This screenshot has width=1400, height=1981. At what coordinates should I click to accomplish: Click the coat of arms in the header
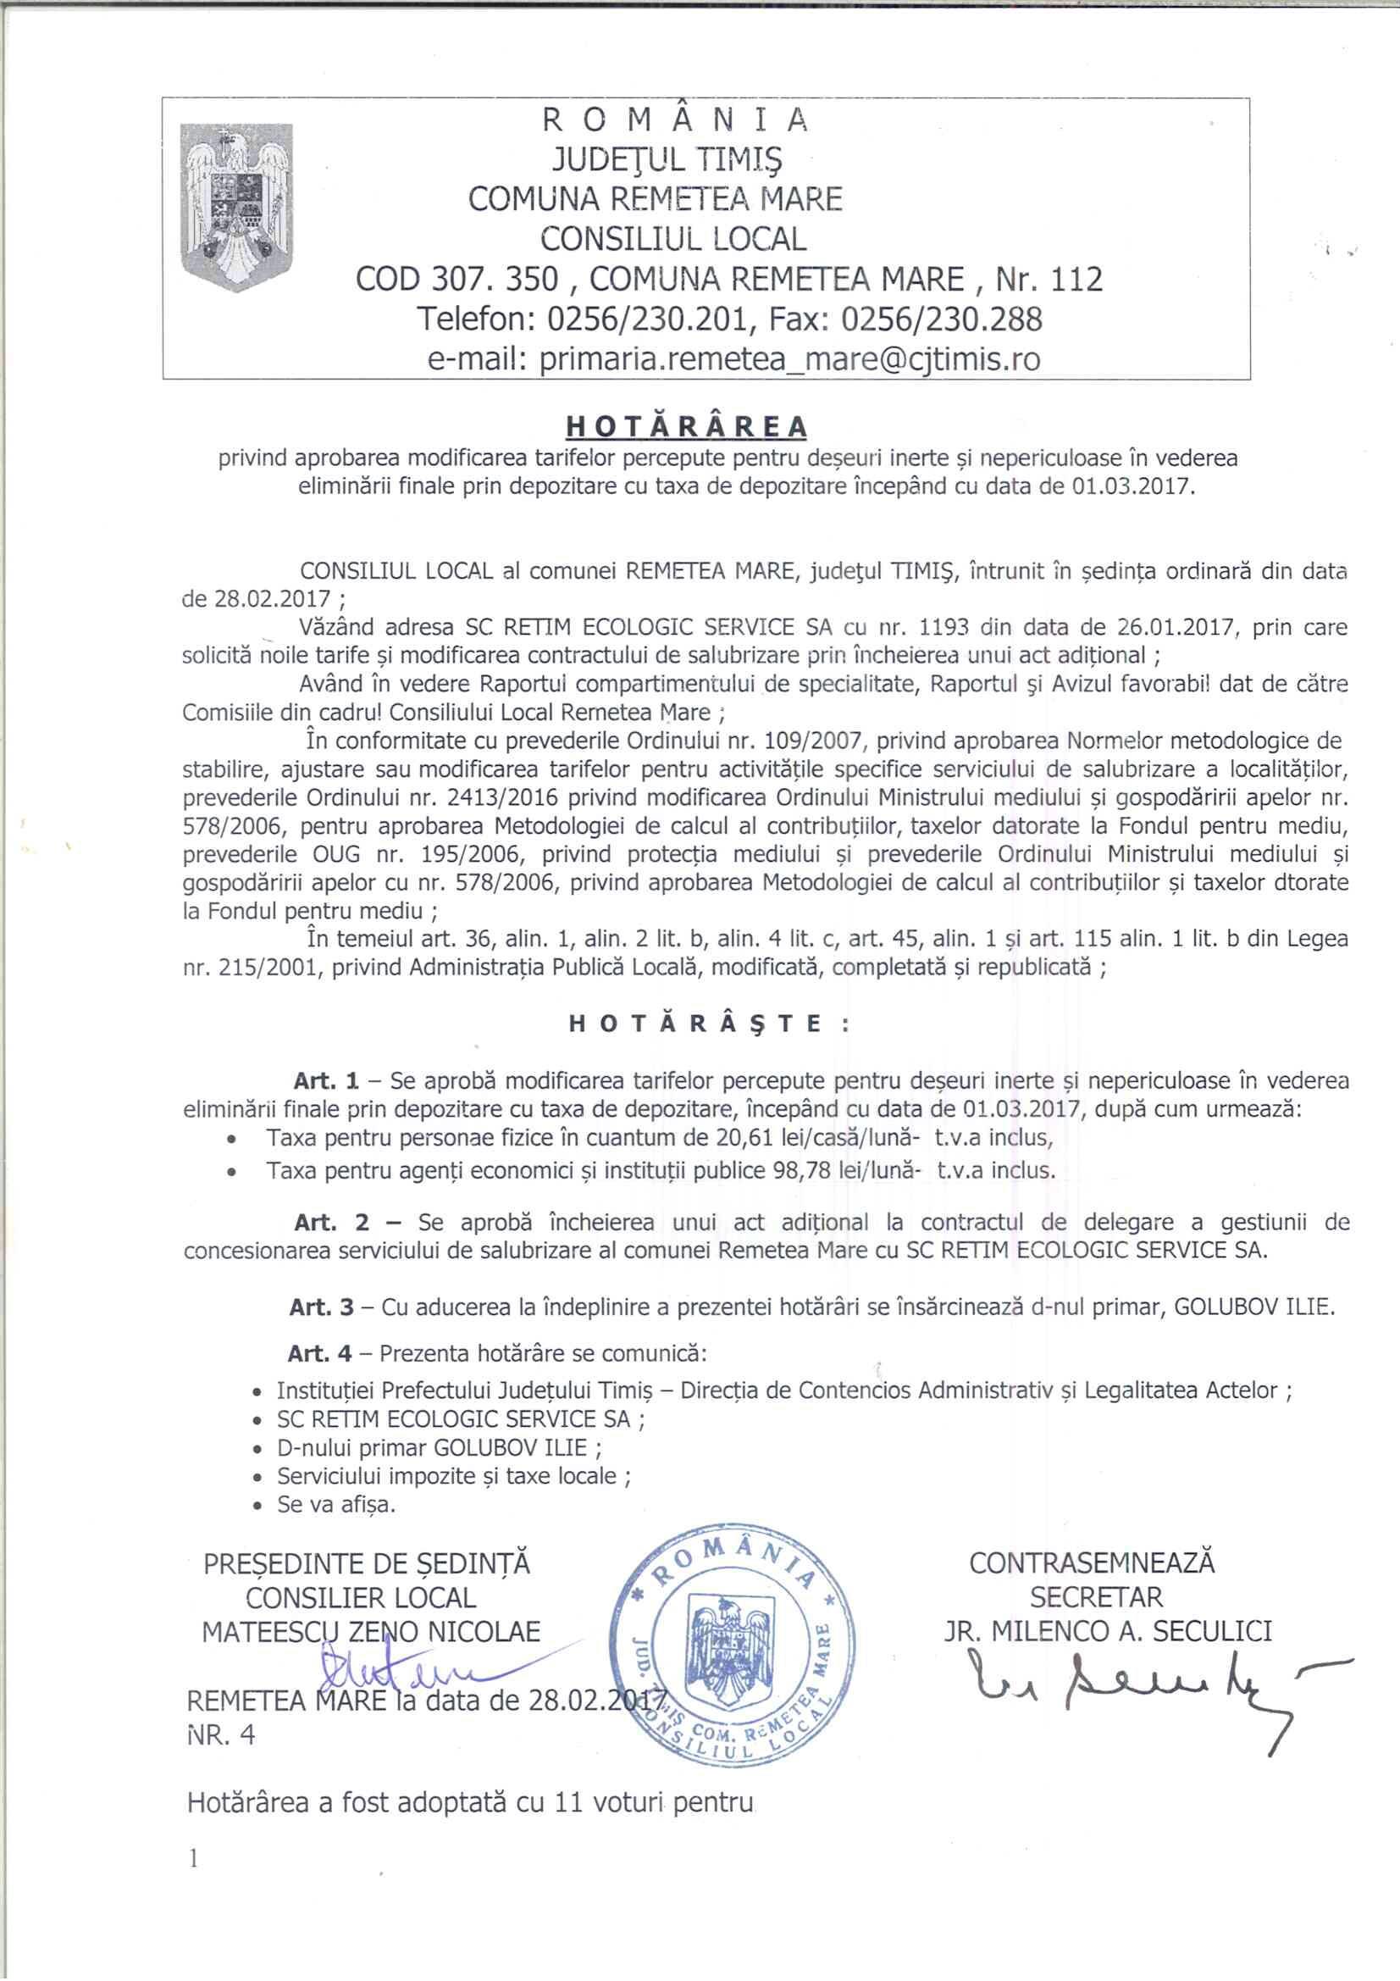click(236, 206)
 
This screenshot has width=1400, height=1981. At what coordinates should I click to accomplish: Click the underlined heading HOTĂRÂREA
click(686, 426)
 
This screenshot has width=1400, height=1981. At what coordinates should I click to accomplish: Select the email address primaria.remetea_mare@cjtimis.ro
click(789, 359)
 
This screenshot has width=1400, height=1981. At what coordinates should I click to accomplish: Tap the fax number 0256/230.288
click(941, 319)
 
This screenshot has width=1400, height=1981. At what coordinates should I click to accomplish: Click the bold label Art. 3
click(322, 1307)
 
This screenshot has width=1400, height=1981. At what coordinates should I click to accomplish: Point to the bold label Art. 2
click(331, 1223)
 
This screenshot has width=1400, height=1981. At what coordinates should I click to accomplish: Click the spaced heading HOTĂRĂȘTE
click(709, 1024)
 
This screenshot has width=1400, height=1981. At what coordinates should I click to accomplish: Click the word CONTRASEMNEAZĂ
click(1092, 1563)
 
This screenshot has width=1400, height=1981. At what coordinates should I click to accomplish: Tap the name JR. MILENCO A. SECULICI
click(1108, 1632)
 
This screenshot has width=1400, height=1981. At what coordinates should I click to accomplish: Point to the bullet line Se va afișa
click(335, 1505)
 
